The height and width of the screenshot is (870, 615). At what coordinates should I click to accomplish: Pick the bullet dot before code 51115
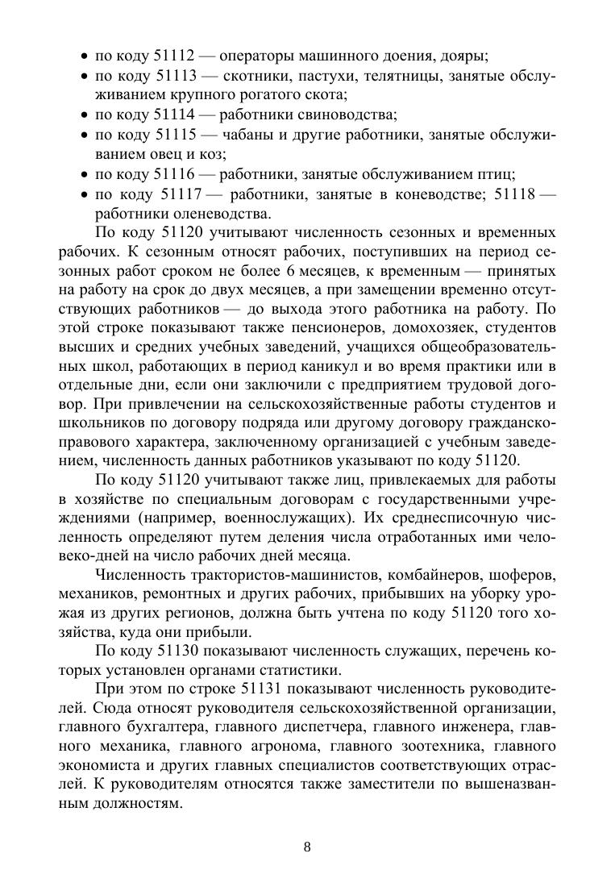[85, 135]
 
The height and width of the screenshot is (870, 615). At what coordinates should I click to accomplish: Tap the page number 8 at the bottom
[307, 846]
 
